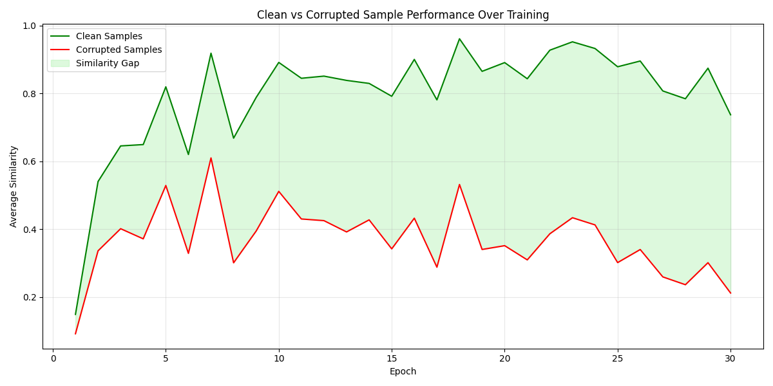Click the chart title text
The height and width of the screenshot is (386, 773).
(403, 15)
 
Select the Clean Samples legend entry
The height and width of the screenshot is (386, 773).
(109, 37)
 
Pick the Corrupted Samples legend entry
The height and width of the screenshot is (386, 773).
(119, 50)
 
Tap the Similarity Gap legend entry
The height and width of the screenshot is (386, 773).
(107, 63)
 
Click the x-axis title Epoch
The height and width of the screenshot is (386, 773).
(403, 371)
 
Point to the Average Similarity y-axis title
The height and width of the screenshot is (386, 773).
(14, 186)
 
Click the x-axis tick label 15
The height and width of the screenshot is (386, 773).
(392, 358)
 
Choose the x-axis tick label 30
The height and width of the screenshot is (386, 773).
(730, 358)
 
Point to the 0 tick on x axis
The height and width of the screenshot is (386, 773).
(53, 358)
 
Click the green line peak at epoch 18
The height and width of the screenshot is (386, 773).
(459, 39)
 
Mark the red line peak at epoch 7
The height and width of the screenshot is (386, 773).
(211, 158)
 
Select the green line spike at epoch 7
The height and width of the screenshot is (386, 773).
(211, 53)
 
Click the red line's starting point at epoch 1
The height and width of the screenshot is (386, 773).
(75, 334)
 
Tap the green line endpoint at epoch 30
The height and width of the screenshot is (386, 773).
(730, 115)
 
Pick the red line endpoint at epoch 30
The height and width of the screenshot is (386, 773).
(730, 293)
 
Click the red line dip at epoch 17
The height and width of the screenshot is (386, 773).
(437, 267)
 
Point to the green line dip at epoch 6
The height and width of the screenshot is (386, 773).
(188, 154)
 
